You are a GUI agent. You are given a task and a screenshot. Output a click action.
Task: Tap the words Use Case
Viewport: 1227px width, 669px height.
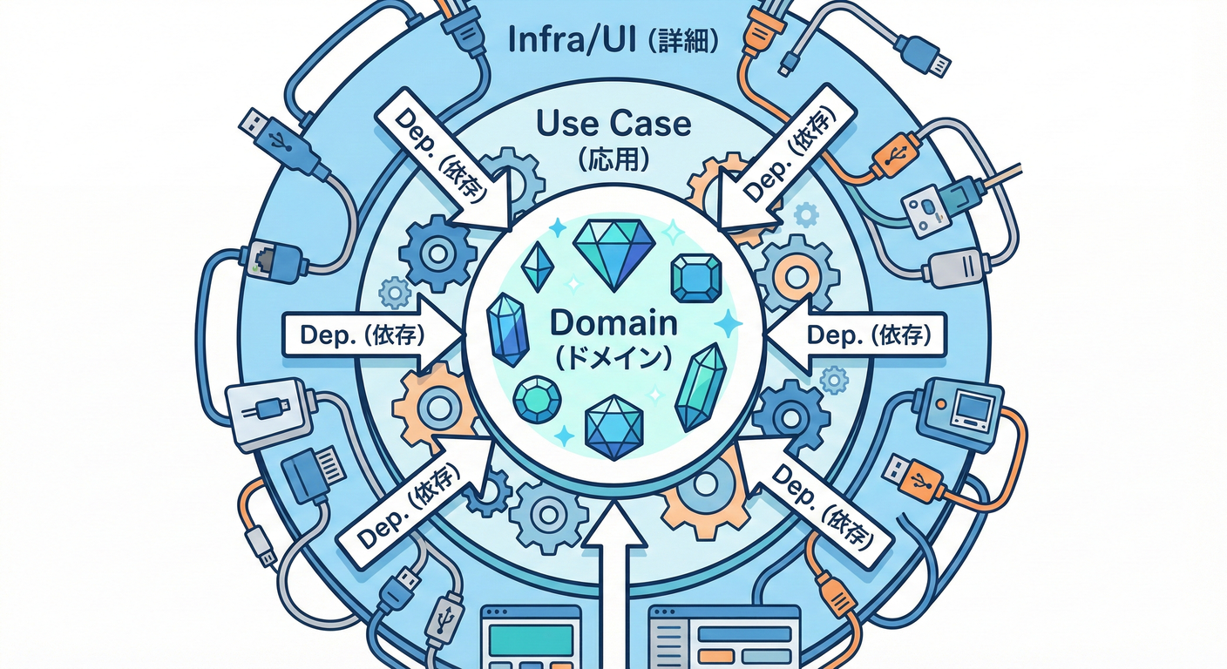tap(614, 125)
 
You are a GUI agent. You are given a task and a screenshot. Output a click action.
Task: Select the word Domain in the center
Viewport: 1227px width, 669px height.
tap(614, 324)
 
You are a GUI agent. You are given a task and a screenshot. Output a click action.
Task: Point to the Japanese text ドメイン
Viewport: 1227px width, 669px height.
tap(613, 356)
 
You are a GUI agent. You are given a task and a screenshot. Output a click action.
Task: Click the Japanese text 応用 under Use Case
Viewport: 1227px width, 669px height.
tap(614, 159)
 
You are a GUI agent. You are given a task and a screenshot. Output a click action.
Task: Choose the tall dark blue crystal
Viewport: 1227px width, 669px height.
tap(508, 330)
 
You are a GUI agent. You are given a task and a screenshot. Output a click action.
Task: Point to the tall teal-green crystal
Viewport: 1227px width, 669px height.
tap(702, 387)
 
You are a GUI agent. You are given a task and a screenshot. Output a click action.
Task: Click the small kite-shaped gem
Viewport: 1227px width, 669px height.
tap(537, 267)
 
